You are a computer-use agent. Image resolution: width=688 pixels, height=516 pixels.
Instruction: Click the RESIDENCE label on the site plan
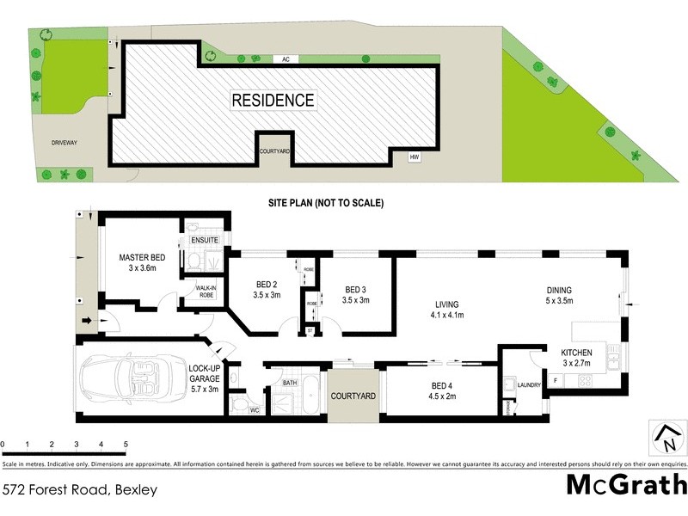tap(273, 100)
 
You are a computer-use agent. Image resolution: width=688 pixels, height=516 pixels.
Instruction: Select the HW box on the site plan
tap(414, 157)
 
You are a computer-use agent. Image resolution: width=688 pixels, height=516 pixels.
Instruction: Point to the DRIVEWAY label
tap(64, 143)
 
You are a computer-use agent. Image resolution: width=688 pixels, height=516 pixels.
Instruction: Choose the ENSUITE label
tap(204, 239)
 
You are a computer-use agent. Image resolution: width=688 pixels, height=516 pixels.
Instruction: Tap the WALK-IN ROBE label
tap(205, 291)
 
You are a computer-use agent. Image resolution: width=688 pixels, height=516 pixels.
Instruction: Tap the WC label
tap(255, 410)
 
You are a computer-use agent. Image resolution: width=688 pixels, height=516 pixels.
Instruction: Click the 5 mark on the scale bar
tap(126, 445)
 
